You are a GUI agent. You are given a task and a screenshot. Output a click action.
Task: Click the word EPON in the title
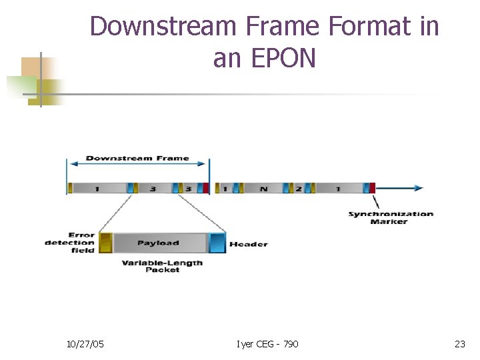click(x=283, y=59)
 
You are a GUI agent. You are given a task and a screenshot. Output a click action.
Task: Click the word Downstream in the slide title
click(x=163, y=27)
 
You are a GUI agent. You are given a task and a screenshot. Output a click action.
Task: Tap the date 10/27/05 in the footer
click(x=85, y=344)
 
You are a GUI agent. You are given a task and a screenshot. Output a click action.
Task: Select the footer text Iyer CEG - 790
click(x=267, y=344)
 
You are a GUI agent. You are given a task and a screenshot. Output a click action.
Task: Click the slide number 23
click(x=459, y=344)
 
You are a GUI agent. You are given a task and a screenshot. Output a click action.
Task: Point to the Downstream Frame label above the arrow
click(x=137, y=159)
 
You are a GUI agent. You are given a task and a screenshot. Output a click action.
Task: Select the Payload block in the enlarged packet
click(x=159, y=243)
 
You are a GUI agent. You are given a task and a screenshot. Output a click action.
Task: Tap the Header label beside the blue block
click(x=248, y=244)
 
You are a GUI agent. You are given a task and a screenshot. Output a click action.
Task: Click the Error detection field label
click(x=71, y=243)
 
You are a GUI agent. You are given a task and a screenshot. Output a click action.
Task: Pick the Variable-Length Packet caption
click(x=162, y=266)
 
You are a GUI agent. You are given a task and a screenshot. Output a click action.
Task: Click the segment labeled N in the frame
click(x=263, y=189)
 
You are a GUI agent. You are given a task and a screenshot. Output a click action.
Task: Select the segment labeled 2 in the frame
click(x=299, y=189)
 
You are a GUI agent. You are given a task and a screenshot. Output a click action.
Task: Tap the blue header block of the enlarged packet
click(x=217, y=243)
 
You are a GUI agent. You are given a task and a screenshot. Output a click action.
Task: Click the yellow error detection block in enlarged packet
click(x=105, y=243)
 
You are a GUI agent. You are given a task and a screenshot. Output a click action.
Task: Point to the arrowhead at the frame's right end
click(x=417, y=188)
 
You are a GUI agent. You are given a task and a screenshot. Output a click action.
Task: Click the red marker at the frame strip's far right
click(x=373, y=188)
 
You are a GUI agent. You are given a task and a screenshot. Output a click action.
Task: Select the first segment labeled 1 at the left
click(x=97, y=189)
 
